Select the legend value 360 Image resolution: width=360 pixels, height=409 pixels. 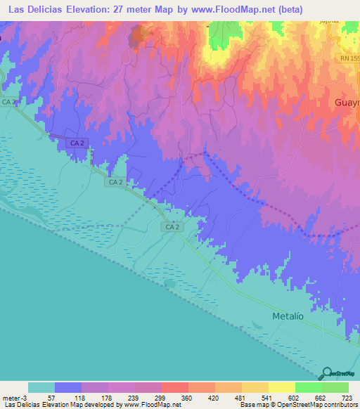pos(188,397)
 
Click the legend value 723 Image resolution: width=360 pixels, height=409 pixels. pos(347,397)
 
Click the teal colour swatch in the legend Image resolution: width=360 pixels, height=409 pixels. pos(41,387)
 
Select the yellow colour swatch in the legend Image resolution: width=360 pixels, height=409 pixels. pos(281,387)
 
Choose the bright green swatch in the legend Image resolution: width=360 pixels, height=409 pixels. pos(308,387)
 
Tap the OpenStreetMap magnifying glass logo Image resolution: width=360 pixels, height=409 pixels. pos(326,373)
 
